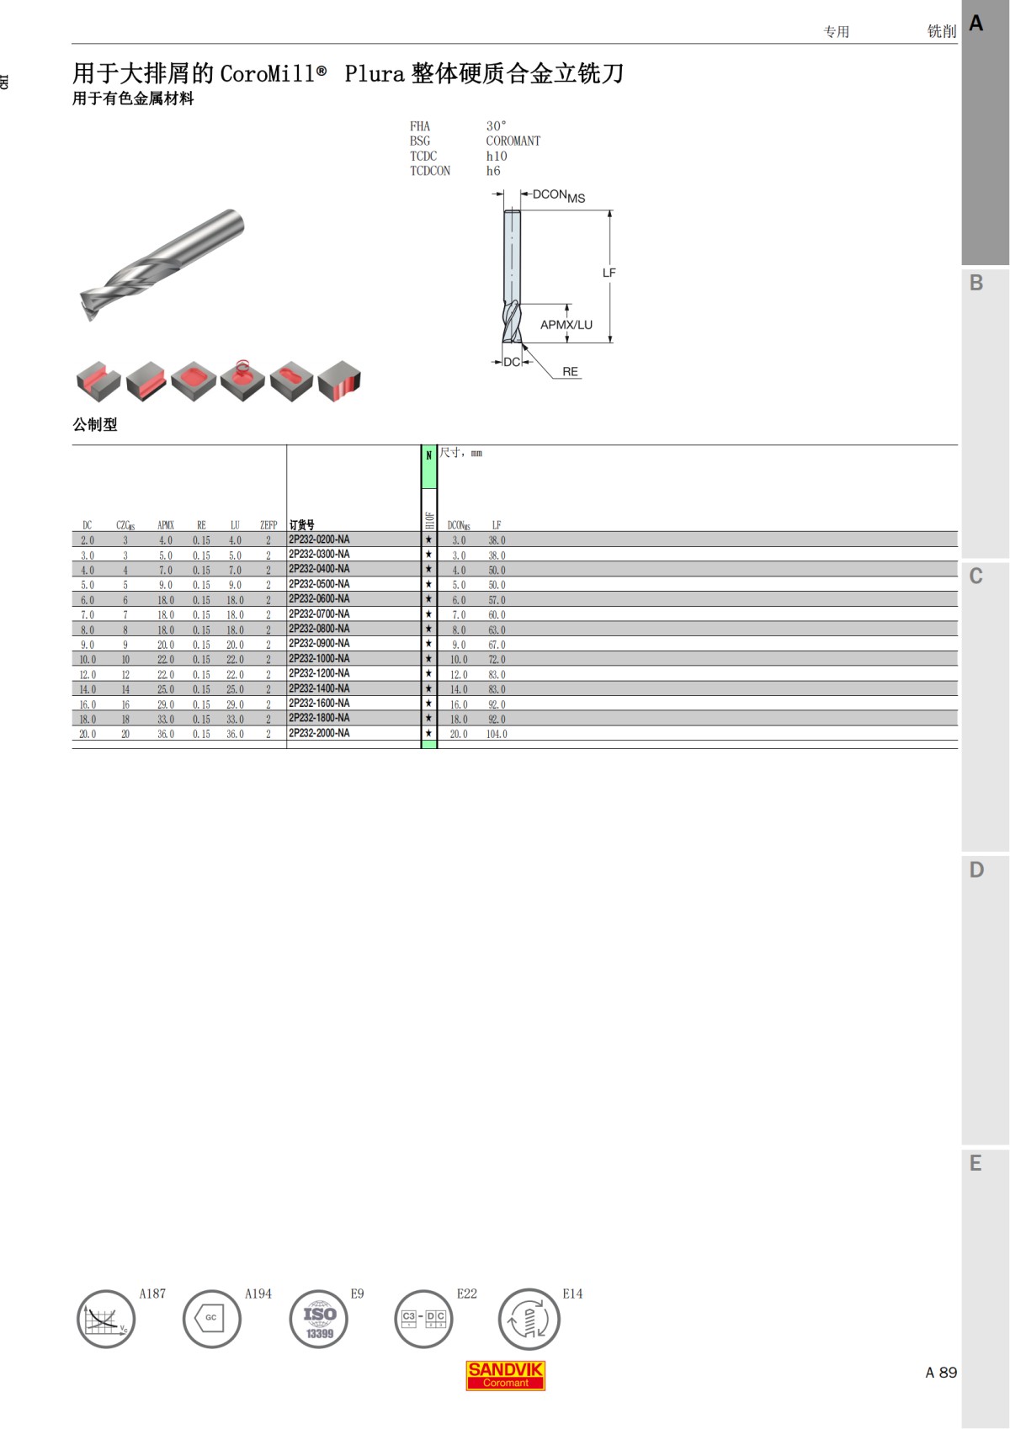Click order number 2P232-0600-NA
click(x=319, y=599)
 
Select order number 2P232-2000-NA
click(x=319, y=733)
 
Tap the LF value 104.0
click(x=497, y=734)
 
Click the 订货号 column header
click(x=302, y=525)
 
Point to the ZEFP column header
click(x=268, y=525)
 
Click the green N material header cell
click(x=428, y=466)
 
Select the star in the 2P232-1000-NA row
click(x=428, y=658)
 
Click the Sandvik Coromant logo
click(x=505, y=1375)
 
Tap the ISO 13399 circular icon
click(x=318, y=1320)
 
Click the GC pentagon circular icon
click(x=212, y=1320)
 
